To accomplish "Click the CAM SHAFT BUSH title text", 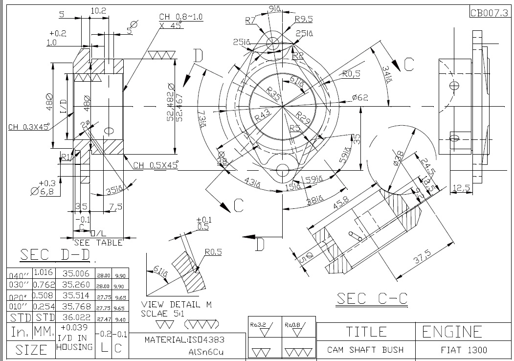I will coord(365,350).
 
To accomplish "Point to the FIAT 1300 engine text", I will coord(464,350).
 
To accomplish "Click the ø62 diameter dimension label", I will coord(359,98).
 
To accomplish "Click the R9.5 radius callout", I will coord(304,20).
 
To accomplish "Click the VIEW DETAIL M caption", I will coord(176,305).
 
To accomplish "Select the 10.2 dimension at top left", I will coord(98,10).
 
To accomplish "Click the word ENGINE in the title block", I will coord(452,332).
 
